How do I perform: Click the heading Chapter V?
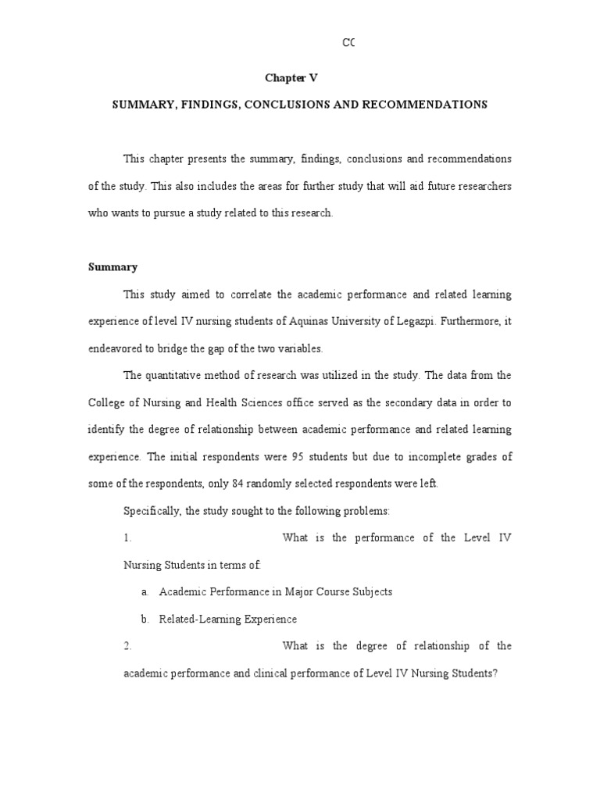point(291,78)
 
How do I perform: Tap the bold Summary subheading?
point(112,267)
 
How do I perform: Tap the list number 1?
point(127,538)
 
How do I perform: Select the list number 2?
point(127,646)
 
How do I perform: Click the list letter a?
point(145,592)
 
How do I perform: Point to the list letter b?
point(145,620)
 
